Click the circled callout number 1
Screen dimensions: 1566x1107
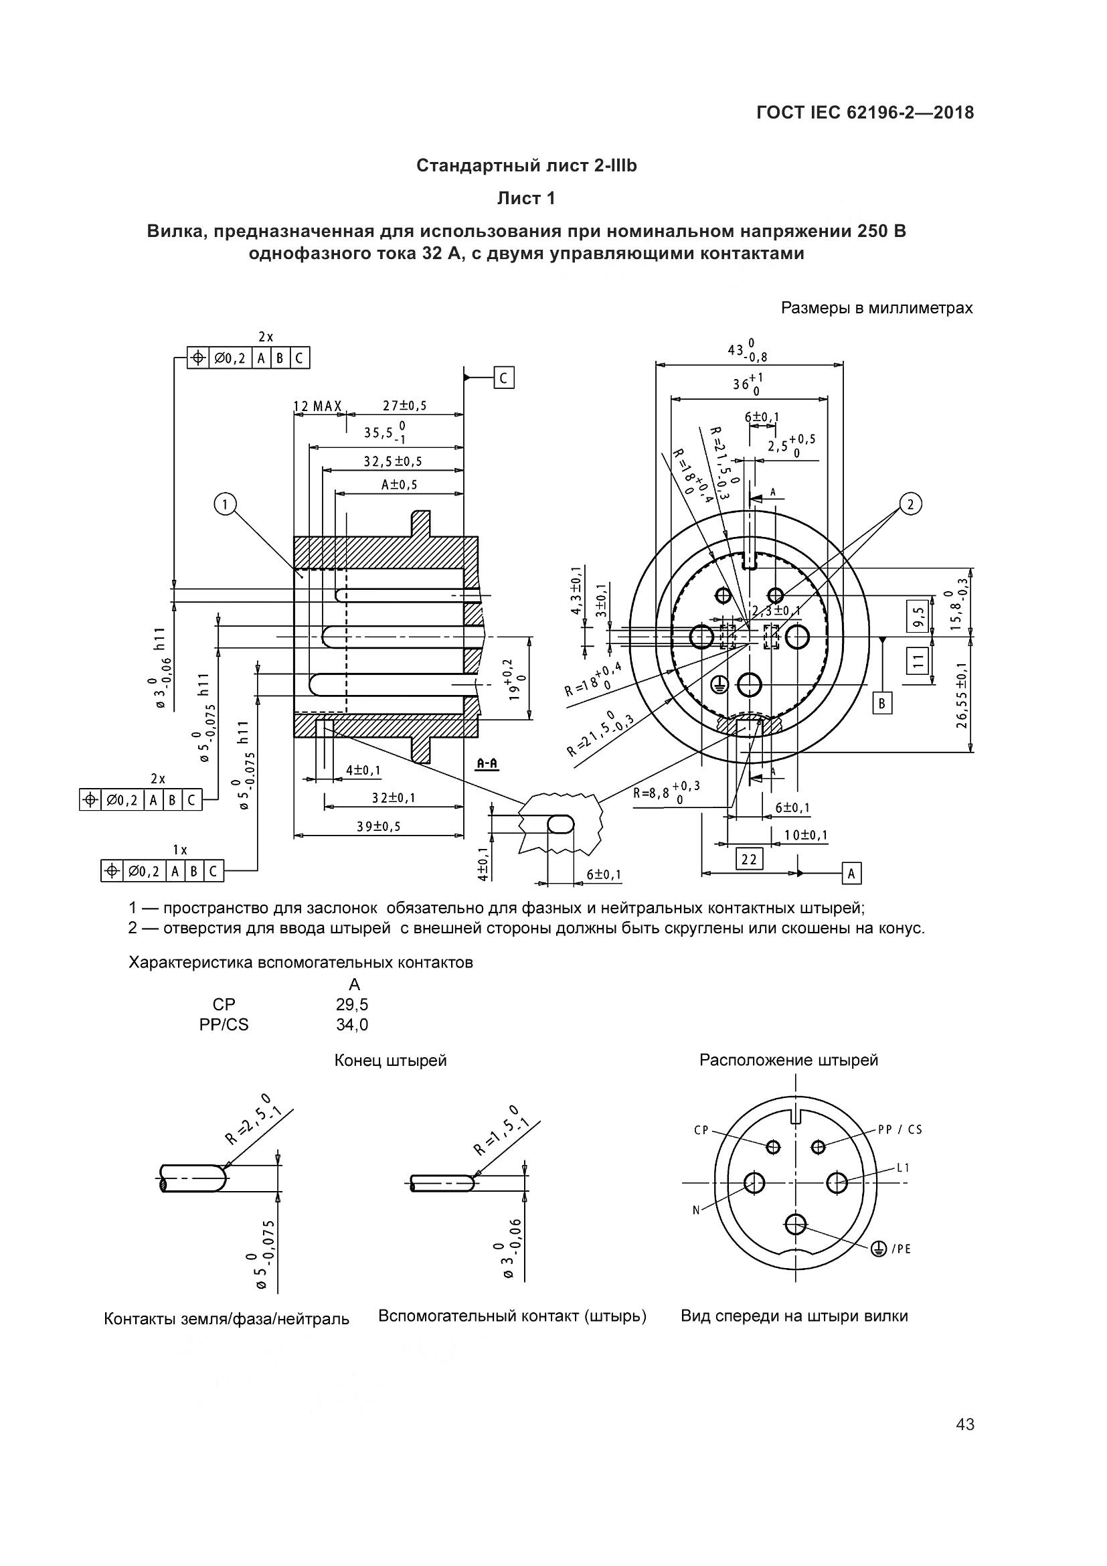(x=224, y=505)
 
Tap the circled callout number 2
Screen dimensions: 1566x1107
(x=910, y=504)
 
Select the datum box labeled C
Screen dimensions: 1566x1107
(x=504, y=378)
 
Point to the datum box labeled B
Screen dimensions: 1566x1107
(x=883, y=702)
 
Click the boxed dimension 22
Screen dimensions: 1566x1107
(x=749, y=859)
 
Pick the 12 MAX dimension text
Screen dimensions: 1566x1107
(x=318, y=406)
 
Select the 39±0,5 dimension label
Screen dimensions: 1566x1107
(x=379, y=827)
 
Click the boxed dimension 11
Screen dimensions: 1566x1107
(x=918, y=659)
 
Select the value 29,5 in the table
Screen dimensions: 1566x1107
(x=353, y=1005)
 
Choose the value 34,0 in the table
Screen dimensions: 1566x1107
(x=353, y=1024)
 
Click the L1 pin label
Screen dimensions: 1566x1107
(x=903, y=1168)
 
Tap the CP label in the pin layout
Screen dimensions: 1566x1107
(x=701, y=1130)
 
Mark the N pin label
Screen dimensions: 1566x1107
(x=696, y=1210)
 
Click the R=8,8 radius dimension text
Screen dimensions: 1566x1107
(x=664, y=793)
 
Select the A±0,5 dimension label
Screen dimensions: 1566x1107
(x=399, y=485)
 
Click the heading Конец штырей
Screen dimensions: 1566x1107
(x=391, y=1061)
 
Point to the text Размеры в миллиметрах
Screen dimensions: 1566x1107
(x=877, y=308)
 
